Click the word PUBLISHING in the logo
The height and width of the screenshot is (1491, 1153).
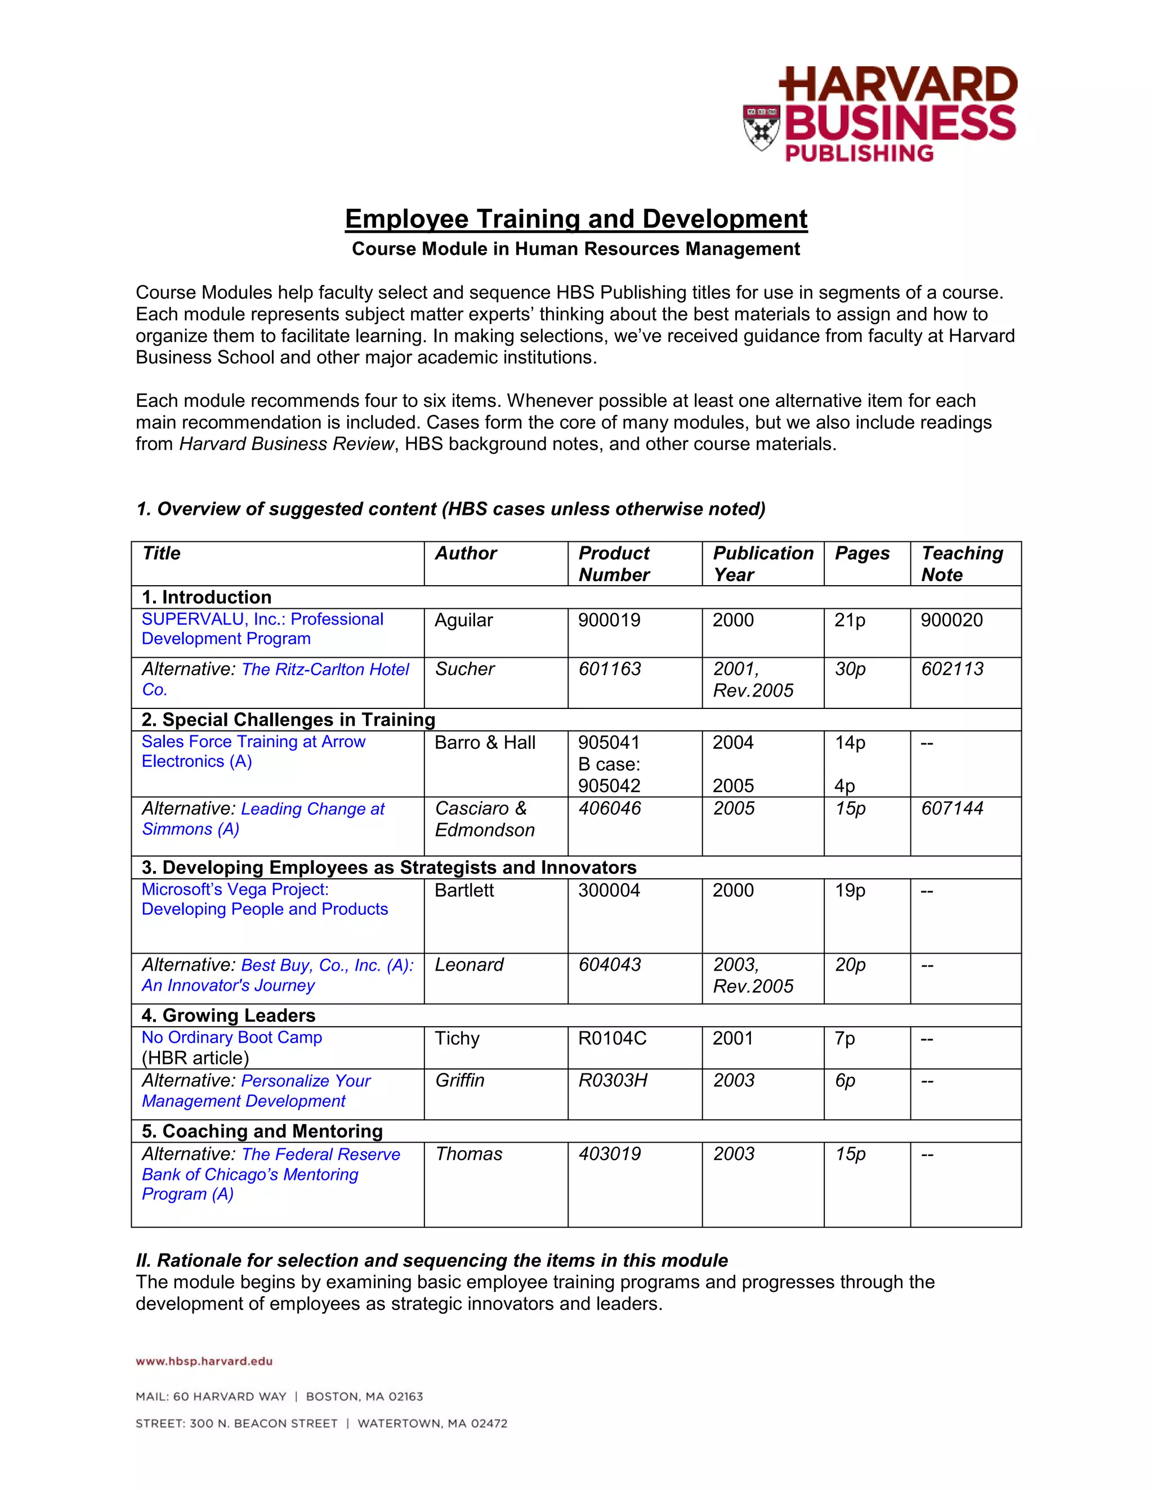click(x=859, y=153)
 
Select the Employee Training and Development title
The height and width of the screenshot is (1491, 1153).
click(x=576, y=219)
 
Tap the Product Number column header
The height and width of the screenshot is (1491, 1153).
click(x=614, y=563)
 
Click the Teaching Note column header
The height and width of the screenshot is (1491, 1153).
click(x=962, y=563)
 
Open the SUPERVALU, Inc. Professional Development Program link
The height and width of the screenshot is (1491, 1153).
click(x=262, y=629)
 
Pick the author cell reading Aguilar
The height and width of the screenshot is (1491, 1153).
click(x=463, y=620)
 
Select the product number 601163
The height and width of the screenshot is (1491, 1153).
click(x=609, y=669)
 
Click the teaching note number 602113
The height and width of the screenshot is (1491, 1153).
click(x=952, y=669)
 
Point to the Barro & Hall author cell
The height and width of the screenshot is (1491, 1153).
click(x=485, y=743)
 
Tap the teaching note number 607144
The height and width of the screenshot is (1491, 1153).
click(x=952, y=809)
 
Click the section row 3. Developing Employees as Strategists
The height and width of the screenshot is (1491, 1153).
click(x=388, y=867)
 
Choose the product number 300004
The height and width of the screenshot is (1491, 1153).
click(x=609, y=890)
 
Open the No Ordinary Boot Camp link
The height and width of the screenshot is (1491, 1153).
click(x=231, y=1037)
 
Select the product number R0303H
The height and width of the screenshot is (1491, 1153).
click(x=613, y=1080)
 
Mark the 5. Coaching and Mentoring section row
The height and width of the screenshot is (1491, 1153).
click(x=262, y=1131)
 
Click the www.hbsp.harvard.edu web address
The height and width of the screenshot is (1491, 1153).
click(x=204, y=1361)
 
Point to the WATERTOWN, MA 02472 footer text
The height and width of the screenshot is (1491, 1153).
click(x=432, y=1423)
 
